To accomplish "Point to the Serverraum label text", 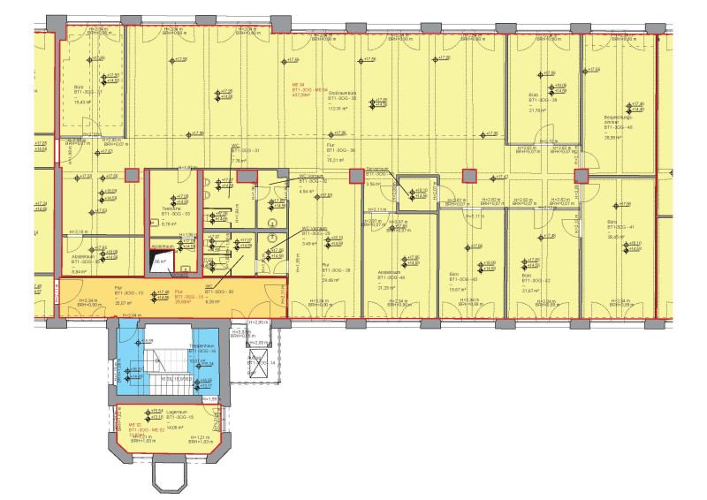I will point(378,170).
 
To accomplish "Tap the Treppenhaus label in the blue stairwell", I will point(202,348).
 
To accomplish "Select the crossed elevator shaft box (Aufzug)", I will point(261,363).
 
